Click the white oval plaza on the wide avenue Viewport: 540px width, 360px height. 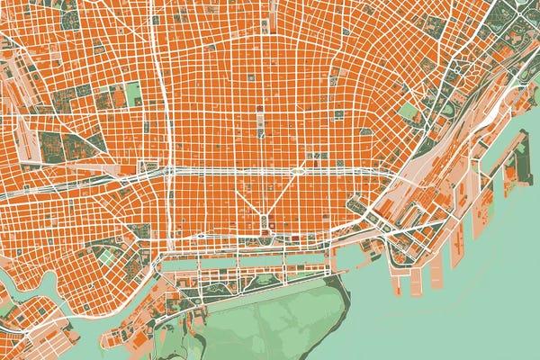click(x=297, y=169)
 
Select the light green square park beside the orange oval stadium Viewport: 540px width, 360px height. click(x=134, y=94)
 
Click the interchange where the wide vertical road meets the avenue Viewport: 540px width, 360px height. click(x=166, y=169)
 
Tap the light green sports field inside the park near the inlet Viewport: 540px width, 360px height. click(x=107, y=257)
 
